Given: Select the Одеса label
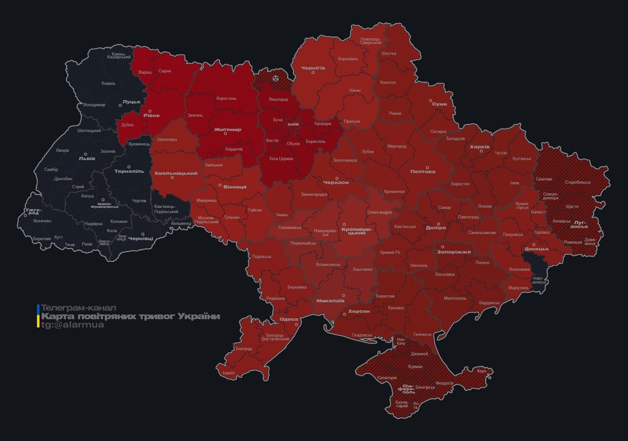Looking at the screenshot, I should [289, 319].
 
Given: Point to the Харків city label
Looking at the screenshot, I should [479, 147].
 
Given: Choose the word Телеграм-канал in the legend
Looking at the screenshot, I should [79, 308].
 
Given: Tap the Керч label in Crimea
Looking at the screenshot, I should [482, 371].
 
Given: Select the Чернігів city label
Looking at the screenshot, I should [313, 68].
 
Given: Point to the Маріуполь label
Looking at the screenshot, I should [518, 287].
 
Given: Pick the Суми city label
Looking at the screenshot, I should [439, 104].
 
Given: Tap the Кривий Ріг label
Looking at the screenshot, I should [390, 252].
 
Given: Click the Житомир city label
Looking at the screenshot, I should [227, 130].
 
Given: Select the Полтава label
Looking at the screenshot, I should [422, 172].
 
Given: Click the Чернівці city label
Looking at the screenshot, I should [140, 238].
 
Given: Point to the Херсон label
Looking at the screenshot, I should [359, 311].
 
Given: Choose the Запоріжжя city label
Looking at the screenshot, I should [453, 252].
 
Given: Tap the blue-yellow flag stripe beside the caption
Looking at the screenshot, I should [38, 316].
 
